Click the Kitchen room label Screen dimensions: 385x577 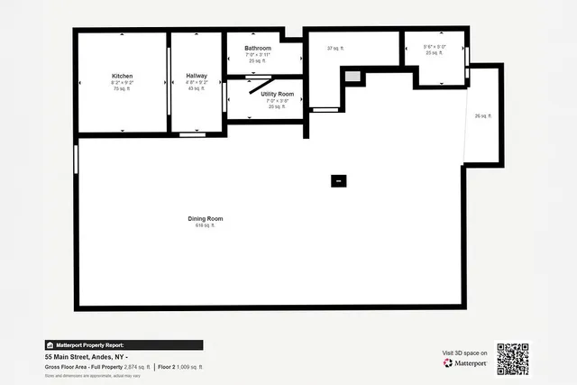click(x=122, y=76)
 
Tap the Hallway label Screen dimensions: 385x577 click(x=197, y=76)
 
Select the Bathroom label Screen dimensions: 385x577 click(x=257, y=48)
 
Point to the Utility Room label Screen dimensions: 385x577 click(x=277, y=94)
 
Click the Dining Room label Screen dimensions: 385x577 click(x=205, y=218)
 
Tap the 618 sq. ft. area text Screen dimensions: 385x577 click(x=205, y=225)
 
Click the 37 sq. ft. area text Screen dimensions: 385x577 click(x=335, y=48)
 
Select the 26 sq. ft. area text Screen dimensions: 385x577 click(x=483, y=115)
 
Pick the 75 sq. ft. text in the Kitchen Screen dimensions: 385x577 click(x=122, y=88)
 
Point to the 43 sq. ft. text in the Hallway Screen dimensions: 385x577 click(x=197, y=88)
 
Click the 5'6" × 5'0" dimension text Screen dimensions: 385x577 click(x=435, y=47)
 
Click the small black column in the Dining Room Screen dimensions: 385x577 click(x=338, y=180)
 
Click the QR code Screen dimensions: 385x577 click(x=512, y=358)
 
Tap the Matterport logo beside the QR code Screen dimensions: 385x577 click(x=465, y=362)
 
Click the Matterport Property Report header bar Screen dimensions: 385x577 click(x=124, y=344)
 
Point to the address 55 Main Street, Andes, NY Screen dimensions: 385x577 click(x=89, y=357)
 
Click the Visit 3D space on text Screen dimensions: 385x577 click(x=465, y=353)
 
